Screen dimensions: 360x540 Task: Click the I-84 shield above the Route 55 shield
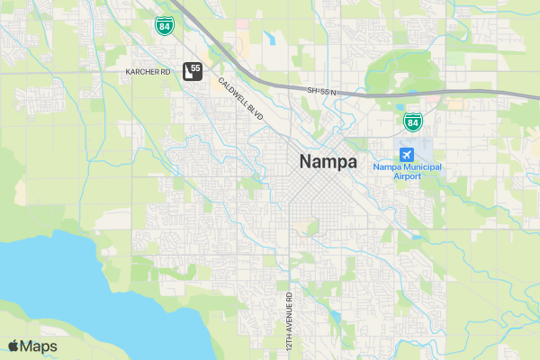coord(163,25)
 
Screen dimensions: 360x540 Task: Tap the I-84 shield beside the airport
coord(411,121)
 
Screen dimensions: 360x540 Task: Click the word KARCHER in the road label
coord(142,71)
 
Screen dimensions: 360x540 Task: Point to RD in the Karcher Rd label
coord(166,71)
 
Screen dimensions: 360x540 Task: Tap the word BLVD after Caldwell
coord(255,115)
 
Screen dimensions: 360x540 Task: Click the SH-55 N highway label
coord(320,91)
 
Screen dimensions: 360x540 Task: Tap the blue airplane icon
coord(407,152)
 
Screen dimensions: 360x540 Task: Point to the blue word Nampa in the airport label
coord(385,166)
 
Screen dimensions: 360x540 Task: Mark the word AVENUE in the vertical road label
coord(290,319)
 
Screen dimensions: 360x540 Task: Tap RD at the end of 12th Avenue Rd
coord(290,297)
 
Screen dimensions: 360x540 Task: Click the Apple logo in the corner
coord(13,346)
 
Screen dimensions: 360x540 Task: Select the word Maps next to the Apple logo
coord(39,346)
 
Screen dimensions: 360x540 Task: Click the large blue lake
coord(54,288)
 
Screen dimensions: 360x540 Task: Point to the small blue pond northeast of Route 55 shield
coord(269,39)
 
